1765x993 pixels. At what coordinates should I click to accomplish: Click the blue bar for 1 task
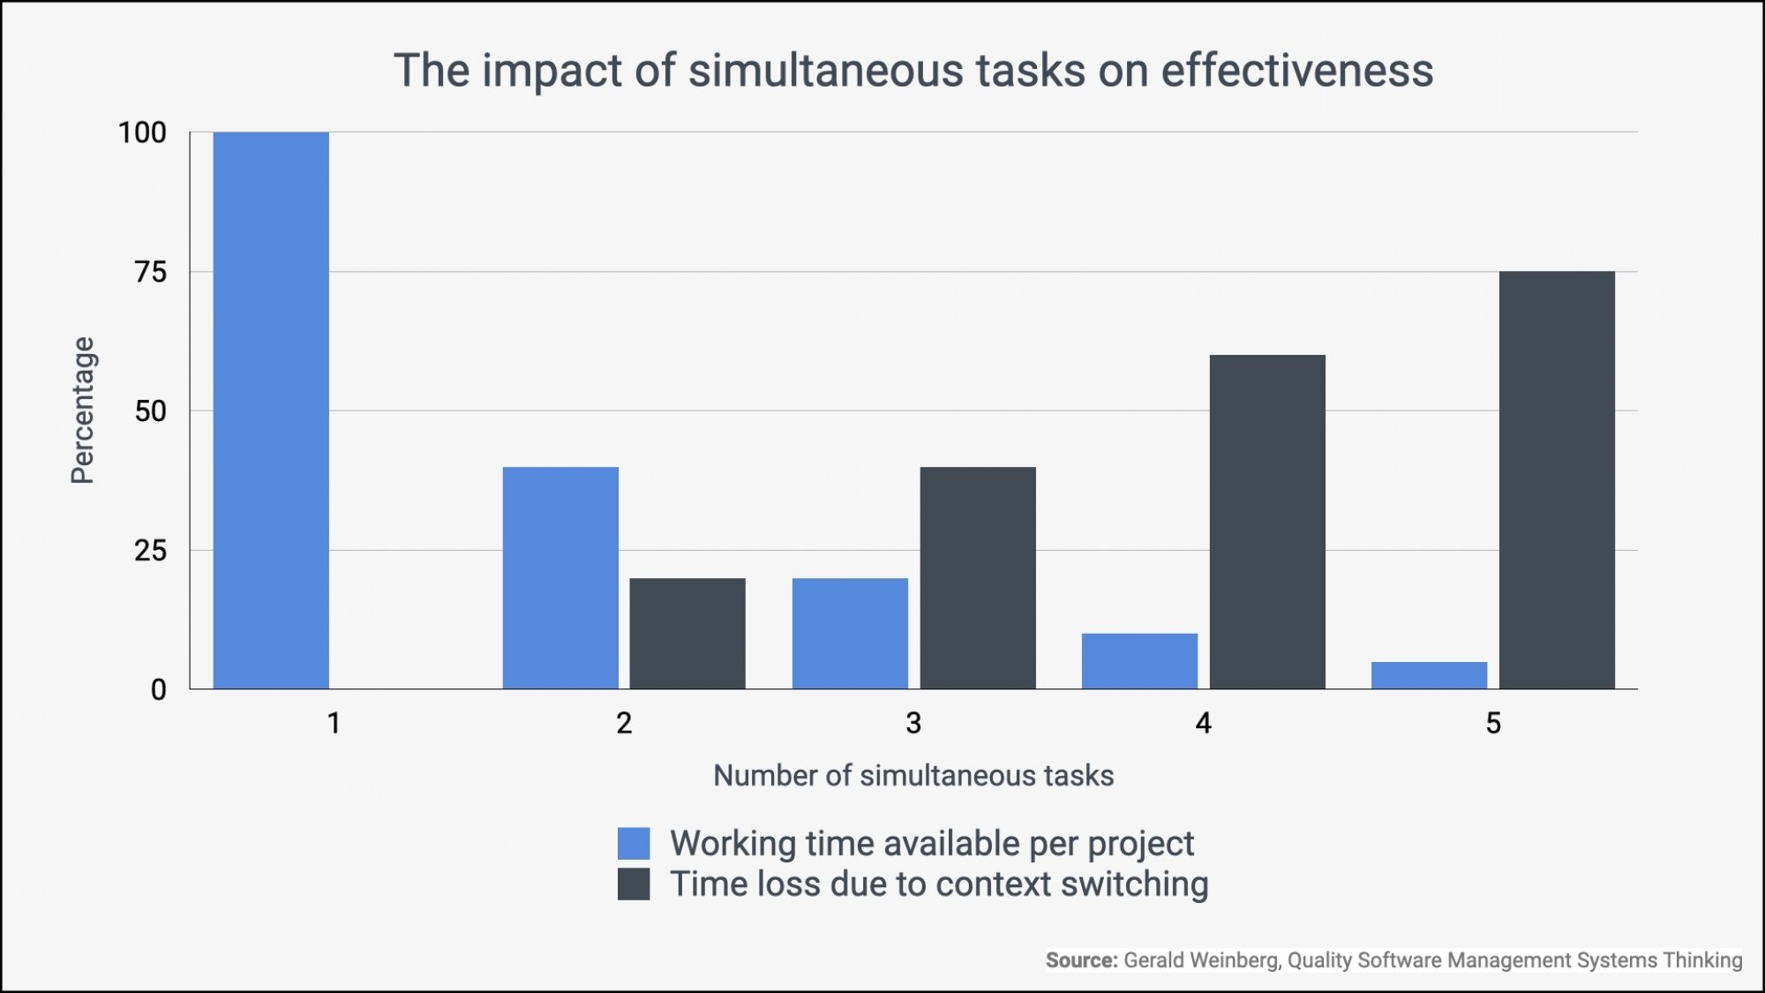pos(271,410)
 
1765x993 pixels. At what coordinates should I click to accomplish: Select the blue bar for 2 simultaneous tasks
pos(560,578)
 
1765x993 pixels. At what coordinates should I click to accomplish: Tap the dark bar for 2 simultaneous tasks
pos(687,634)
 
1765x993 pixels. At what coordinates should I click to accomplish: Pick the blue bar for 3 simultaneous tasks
pos(850,634)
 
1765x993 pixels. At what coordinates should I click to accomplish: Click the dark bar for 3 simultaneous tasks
pos(978,578)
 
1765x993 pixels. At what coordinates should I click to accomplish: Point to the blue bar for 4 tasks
pos(1139,661)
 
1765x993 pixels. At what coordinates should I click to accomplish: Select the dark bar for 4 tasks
pos(1267,522)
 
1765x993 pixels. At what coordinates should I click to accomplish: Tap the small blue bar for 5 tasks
pos(1429,675)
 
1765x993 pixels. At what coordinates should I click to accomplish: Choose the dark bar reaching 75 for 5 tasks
pos(1557,480)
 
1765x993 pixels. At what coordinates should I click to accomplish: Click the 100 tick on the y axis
pos(142,133)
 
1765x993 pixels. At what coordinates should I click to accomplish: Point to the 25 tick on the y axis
pos(150,551)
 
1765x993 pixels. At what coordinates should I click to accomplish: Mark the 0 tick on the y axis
pos(158,690)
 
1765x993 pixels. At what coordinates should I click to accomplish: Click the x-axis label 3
pos(913,724)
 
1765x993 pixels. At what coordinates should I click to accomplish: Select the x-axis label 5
pos(1493,724)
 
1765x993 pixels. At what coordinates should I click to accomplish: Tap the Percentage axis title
pos(82,410)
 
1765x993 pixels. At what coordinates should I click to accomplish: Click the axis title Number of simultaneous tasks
pos(913,776)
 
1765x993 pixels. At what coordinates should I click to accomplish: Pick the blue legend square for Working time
pos(634,844)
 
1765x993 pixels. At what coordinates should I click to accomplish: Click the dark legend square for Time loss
pos(634,884)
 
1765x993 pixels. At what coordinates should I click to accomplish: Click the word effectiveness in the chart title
pos(1296,71)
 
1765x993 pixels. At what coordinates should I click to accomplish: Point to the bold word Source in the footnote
pos(1081,960)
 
